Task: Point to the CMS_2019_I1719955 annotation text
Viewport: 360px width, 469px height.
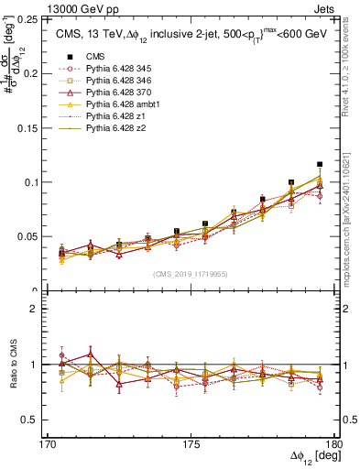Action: [x=191, y=273]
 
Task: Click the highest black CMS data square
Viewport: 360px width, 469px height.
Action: [x=320, y=165]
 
